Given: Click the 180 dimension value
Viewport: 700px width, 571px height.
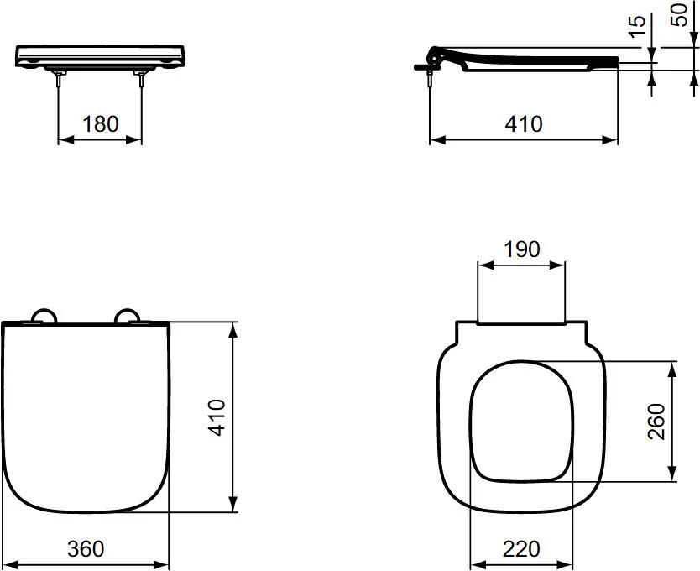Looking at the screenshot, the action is pyautogui.click(x=101, y=123).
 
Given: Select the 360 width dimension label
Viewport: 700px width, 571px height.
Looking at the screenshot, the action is pyautogui.click(x=86, y=548).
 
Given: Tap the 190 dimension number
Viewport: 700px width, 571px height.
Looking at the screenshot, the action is pyautogui.click(x=522, y=249).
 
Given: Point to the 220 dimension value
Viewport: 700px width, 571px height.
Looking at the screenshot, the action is pyautogui.click(x=521, y=548).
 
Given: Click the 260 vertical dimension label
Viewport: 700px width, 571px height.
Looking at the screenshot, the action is pyautogui.click(x=656, y=422).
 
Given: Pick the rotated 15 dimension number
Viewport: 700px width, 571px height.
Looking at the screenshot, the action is pyautogui.click(x=638, y=26).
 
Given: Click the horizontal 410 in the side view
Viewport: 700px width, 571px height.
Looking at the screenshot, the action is pyautogui.click(x=524, y=123).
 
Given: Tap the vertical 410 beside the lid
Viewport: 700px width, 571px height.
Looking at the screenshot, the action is pyautogui.click(x=217, y=417).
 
